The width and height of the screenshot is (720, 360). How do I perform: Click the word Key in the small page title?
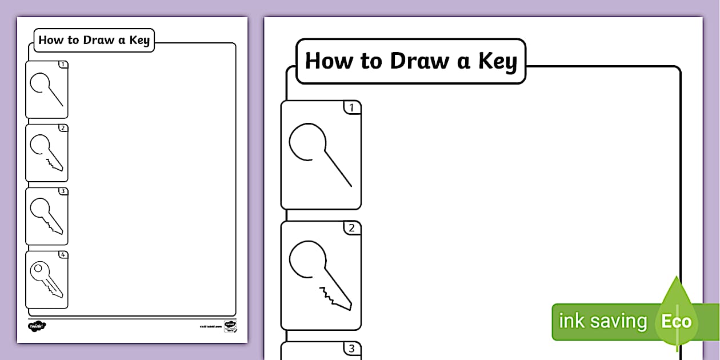coord(139,41)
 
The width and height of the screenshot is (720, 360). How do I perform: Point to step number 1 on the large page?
coord(352,107)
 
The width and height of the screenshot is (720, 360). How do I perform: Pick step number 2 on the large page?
coord(352,228)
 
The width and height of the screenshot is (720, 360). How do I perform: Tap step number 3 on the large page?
coord(352,348)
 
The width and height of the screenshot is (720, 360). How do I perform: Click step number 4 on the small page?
coord(63,255)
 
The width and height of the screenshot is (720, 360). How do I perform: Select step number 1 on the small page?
coord(63,65)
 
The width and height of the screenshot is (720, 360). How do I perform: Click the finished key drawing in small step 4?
coord(46,278)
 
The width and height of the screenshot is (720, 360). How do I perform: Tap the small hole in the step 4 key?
coord(38,267)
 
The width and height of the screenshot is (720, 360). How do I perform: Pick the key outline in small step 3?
coord(46,215)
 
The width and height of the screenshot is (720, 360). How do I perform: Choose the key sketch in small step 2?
coord(46,153)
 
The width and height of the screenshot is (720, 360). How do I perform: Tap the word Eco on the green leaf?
coord(676,321)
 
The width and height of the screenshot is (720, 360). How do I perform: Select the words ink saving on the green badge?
coord(602,321)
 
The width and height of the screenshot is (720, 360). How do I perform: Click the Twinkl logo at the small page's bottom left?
coord(37,326)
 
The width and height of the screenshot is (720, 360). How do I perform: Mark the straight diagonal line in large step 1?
coord(339,169)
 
